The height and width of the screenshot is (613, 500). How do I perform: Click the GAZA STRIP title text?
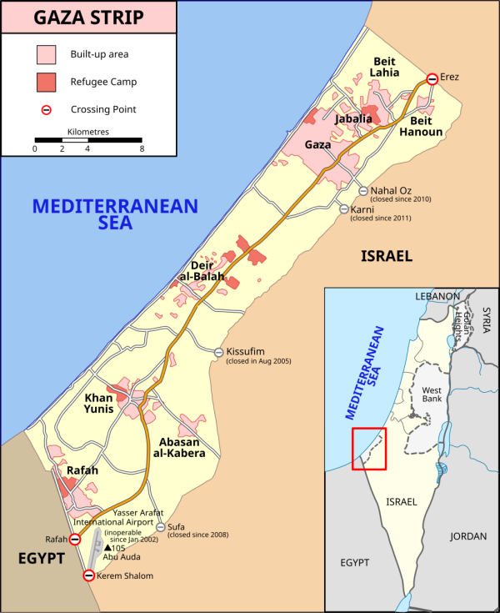click(x=88, y=17)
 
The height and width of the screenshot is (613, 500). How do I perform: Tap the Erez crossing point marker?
click(x=432, y=79)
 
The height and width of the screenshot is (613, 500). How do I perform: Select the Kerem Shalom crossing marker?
click(x=89, y=575)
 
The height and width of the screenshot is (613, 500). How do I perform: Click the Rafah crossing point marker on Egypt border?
click(x=75, y=540)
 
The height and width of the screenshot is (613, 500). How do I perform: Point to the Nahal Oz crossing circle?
click(x=362, y=189)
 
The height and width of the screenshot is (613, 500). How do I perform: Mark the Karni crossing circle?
click(x=343, y=209)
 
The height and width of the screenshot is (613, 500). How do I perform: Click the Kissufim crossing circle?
click(x=219, y=352)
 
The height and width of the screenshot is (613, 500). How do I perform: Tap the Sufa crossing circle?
click(x=160, y=526)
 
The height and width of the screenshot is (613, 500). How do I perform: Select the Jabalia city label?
click(x=353, y=119)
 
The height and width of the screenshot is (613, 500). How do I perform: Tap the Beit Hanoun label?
click(x=421, y=126)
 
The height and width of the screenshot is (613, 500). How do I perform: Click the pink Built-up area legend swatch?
click(x=46, y=54)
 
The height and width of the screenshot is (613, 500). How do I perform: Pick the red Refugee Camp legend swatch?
click(x=46, y=82)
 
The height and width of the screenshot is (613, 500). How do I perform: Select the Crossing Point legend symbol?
click(x=47, y=109)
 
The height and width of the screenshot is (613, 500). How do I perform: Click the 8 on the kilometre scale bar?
click(x=142, y=148)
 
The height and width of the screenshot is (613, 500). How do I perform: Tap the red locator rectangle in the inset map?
click(x=369, y=448)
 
